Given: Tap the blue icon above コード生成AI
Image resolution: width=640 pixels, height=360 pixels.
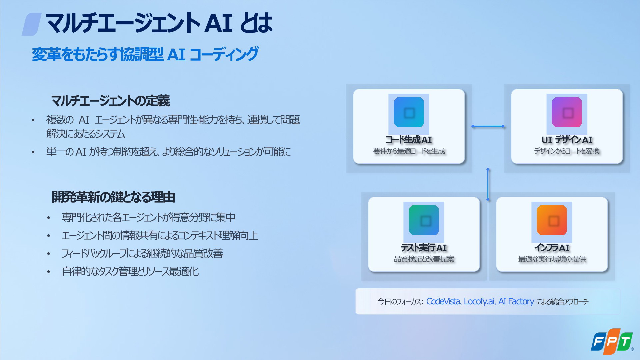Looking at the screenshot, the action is pyautogui.click(x=409, y=112).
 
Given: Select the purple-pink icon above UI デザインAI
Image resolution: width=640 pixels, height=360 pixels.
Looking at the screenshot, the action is pyautogui.click(x=567, y=112).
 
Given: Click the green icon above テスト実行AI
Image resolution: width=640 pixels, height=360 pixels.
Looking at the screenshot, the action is pyautogui.click(x=424, y=220).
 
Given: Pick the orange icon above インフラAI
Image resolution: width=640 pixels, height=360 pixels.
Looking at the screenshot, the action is pyautogui.click(x=552, y=220).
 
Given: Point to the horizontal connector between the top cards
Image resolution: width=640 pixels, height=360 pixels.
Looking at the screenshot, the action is pyautogui.click(x=488, y=126).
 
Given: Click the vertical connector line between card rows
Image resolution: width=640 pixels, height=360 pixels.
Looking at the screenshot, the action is pyautogui.click(x=488, y=184).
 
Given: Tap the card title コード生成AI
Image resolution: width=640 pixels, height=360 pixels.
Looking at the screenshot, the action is pyautogui.click(x=409, y=140).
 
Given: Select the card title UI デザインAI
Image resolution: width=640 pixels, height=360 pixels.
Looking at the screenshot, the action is pyautogui.click(x=567, y=140).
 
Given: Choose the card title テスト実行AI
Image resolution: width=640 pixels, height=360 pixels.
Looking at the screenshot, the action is pyautogui.click(x=424, y=248).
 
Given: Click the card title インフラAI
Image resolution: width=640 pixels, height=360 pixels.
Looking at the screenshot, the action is pyautogui.click(x=552, y=248).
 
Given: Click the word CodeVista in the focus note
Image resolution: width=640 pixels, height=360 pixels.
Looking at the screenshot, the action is pyautogui.click(x=443, y=301).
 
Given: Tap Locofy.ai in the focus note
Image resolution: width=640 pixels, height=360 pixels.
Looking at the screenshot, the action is pyautogui.click(x=479, y=301).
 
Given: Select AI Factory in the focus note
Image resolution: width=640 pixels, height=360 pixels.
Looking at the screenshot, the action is pyautogui.click(x=516, y=301).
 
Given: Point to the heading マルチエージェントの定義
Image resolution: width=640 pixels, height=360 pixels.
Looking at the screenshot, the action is pyautogui.click(x=110, y=101).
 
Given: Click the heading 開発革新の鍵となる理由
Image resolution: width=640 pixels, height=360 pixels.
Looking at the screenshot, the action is pyautogui.click(x=113, y=197).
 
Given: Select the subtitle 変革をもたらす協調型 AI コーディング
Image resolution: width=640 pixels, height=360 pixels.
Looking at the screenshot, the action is pyautogui.click(x=145, y=54).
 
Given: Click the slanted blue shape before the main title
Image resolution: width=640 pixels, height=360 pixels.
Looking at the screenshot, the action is pyautogui.click(x=31, y=24).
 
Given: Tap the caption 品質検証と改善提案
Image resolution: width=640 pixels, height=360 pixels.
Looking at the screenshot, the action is pyautogui.click(x=424, y=259).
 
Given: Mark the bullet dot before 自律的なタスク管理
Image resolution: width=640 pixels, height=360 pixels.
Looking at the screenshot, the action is pyautogui.click(x=49, y=272).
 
